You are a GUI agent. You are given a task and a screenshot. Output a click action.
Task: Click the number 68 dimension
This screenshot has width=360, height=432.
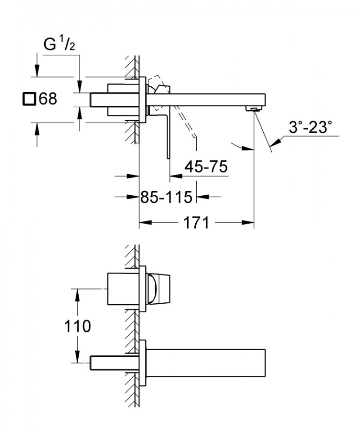(x=48, y=99)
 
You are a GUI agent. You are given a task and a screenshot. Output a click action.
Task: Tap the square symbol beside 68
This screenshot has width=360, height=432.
(x=29, y=99)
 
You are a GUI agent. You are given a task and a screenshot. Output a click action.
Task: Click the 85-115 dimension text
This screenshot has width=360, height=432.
(x=166, y=197)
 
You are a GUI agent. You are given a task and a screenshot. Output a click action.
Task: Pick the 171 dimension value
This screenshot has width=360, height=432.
(x=197, y=222)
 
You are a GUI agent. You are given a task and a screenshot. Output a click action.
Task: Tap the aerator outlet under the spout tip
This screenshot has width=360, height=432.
(x=254, y=108)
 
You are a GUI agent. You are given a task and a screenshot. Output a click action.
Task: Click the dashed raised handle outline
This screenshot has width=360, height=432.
(x=185, y=120)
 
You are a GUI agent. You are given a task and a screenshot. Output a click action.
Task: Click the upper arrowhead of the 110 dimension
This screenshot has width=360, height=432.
(x=78, y=295)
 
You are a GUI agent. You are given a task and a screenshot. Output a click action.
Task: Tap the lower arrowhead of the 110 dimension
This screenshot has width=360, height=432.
(x=78, y=357)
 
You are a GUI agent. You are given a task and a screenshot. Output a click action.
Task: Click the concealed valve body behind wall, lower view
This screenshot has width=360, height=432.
(x=121, y=288)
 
